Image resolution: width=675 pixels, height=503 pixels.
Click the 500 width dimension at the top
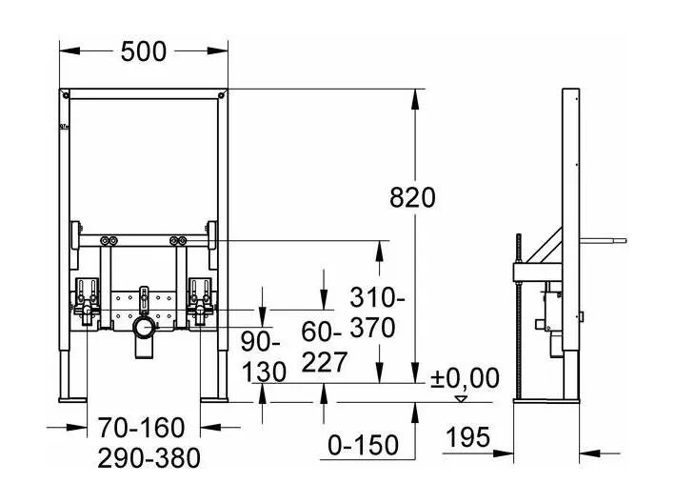(143, 51)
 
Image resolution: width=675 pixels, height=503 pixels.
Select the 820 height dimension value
(412, 197)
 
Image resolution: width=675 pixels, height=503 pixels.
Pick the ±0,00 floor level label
(465, 378)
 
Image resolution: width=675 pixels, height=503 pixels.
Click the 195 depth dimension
(467, 436)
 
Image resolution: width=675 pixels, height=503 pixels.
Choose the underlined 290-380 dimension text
(149, 458)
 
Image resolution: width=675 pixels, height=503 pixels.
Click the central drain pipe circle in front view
(144, 330)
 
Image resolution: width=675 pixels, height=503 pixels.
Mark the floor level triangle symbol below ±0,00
(462, 399)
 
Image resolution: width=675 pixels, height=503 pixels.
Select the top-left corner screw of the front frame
(66, 94)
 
